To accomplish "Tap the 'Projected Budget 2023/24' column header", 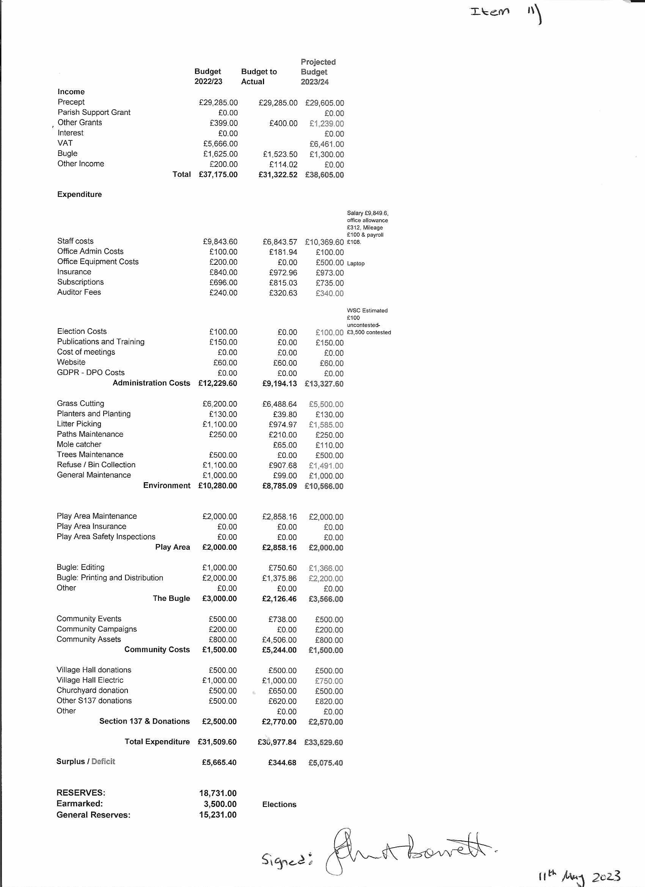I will pyautogui.click(x=318, y=72).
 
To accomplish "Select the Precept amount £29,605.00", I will pyautogui.click(x=324, y=103).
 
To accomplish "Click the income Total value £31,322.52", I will pyautogui.click(x=278, y=175).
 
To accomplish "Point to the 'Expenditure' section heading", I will pyautogui.click(x=79, y=194).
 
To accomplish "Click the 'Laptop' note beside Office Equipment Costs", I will pyautogui.click(x=356, y=264).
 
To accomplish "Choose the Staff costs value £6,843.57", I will pyautogui.click(x=280, y=242).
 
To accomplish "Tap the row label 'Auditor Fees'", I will pyautogui.click(x=79, y=292).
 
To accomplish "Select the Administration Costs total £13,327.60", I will pyautogui.click(x=324, y=384).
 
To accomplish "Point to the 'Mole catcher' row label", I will pyautogui.click(x=79, y=444).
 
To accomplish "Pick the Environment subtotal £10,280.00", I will pyautogui.click(x=217, y=486).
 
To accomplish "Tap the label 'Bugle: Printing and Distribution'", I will pyautogui.click(x=110, y=578).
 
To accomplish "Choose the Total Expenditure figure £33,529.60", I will pyautogui.click(x=324, y=742).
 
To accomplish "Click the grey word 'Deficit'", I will pyautogui.click(x=103, y=761).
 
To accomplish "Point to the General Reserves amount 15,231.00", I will pyautogui.click(x=217, y=815).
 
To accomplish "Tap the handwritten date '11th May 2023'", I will pyautogui.click(x=579, y=876).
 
